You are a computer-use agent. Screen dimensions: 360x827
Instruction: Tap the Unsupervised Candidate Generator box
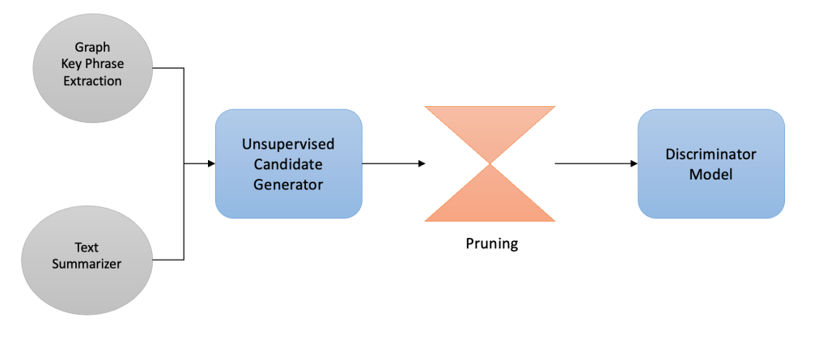(288, 163)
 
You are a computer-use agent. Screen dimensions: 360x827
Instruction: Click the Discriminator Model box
(710, 163)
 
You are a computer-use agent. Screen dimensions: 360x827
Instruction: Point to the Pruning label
(491, 243)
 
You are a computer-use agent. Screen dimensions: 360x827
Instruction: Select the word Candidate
(288, 163)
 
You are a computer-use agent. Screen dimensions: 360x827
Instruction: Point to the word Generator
(288, 184)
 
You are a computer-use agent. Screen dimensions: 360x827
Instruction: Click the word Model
(710, 174)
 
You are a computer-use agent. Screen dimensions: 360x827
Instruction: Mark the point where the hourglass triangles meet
(490, 163)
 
